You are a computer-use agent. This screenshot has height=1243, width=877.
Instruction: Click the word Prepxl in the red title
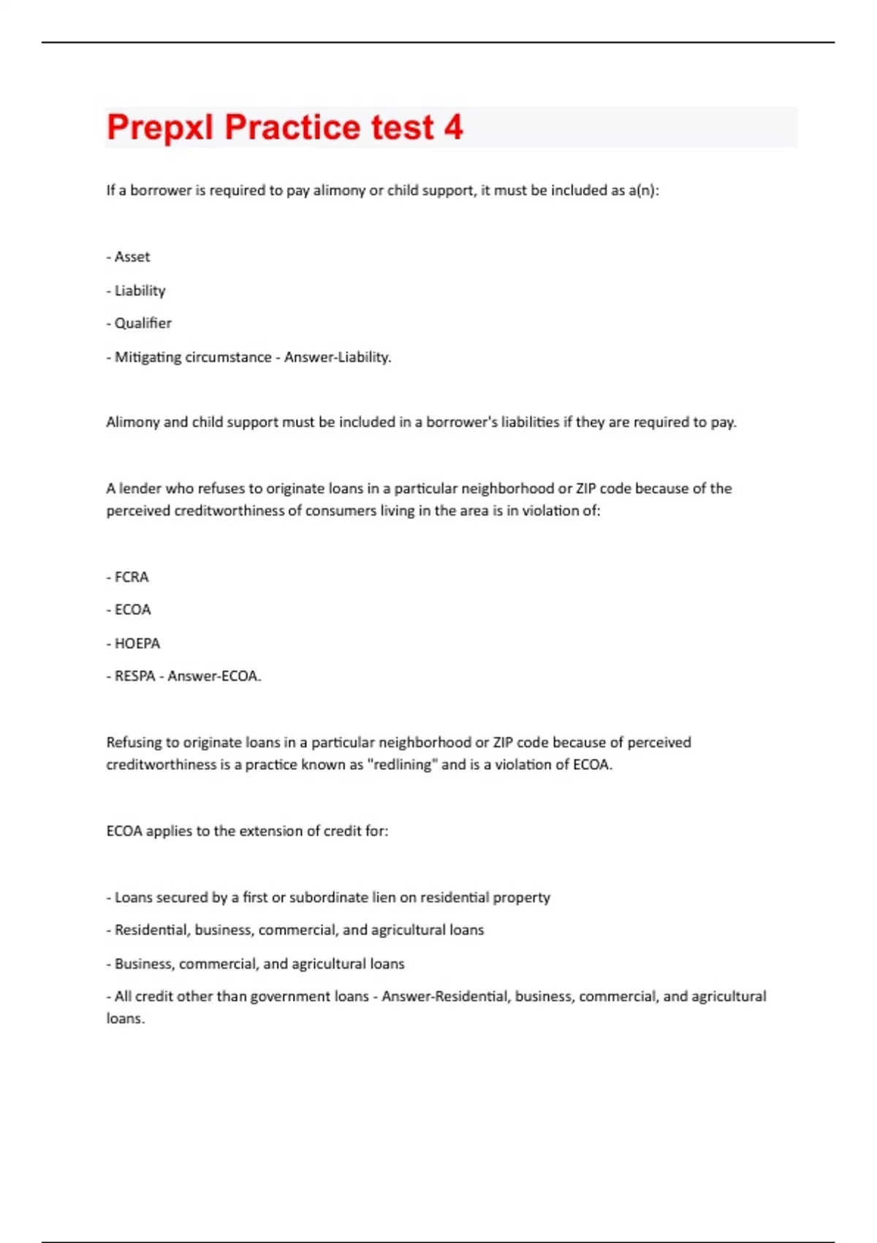pyautogui.click(x=160, y=128)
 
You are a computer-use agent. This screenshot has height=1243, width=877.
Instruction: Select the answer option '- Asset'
pyautogui.click(x=129, y=257)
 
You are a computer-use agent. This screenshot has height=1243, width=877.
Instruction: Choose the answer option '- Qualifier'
pyautogui.click(x=139, y=323)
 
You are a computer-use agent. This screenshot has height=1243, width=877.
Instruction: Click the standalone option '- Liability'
pyautogui.click(x=136, y=290)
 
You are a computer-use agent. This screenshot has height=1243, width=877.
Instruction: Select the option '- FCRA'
pyautogui.click(x=128, y=577)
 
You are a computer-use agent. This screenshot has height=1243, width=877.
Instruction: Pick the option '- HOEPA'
pyautogui.click(x=133, y=643)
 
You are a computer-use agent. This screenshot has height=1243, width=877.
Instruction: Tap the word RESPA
pyautogui.click(x=135, y=676)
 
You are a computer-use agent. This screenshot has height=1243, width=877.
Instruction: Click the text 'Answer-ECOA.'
pyautogui.click(x=214, y=676)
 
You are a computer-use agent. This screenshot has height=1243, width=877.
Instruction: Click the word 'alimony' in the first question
pyautogui.click(x=339, y=191)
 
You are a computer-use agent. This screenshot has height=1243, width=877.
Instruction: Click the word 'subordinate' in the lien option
pyautogui.click(x=329, y=897)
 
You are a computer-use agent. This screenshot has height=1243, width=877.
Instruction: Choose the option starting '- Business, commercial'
pyautogui.click(x=255, y=964)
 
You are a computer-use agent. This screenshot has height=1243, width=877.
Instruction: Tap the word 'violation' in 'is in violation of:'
pyautogui.click(x=549, y=511)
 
